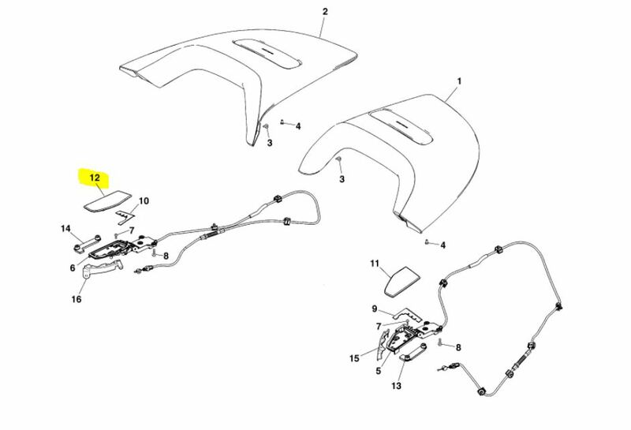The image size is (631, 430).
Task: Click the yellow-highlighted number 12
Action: tap(95, 178)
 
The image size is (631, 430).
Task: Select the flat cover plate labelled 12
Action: tap(107, 201)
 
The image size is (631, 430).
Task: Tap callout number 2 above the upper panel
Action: tap(325, 11)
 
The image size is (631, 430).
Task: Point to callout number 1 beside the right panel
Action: tap(459, 81)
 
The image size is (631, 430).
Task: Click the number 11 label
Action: tap(375, 264)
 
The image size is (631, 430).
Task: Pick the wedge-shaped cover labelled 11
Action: tap(401, 282)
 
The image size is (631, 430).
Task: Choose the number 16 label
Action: tap(77, 299)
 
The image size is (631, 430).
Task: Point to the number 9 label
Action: tap(375, 308)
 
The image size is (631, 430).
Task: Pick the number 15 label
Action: tap(354, 358)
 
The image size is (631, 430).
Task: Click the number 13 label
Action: tap(397, 386)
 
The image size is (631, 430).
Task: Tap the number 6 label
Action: tap(73, 267)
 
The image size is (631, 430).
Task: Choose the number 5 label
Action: tap(378, 371)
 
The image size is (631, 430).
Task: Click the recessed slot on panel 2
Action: tap(267, 53)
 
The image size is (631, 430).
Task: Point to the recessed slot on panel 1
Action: tap(401, 127)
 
